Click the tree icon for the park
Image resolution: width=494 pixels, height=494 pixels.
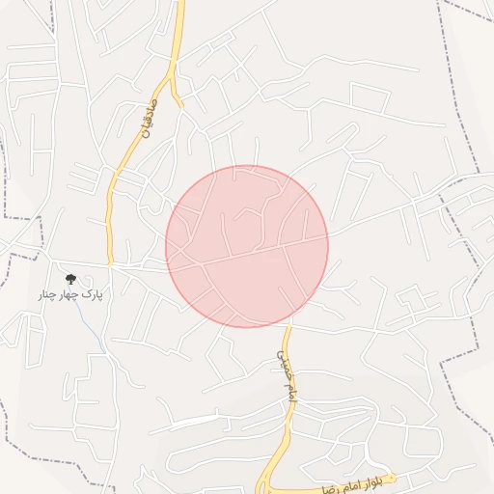click(x=69, y=279)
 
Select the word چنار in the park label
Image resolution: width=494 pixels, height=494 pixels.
click(x=47, y=293)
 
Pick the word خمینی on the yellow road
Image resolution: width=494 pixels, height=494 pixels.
click(x=279, y=362)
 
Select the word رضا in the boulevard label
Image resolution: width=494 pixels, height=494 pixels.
click(x=330, y=487)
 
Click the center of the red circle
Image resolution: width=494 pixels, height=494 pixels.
click(x=247, y=246)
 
